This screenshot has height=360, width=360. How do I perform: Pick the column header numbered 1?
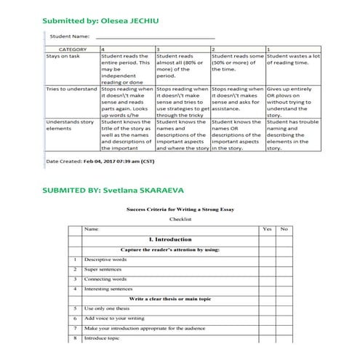[x=269, y=49]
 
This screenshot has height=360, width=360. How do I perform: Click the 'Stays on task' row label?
[x=64, y=56]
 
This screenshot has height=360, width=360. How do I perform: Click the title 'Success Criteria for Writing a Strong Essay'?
[x=180, y=208]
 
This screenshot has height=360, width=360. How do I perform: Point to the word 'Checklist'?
[x=180, y=217]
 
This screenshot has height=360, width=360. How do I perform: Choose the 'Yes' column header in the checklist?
[x=267, y=229]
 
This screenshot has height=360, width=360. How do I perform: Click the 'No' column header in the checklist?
[x=284, y=229]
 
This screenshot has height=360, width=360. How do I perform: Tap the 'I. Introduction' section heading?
[x=169, y=239]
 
